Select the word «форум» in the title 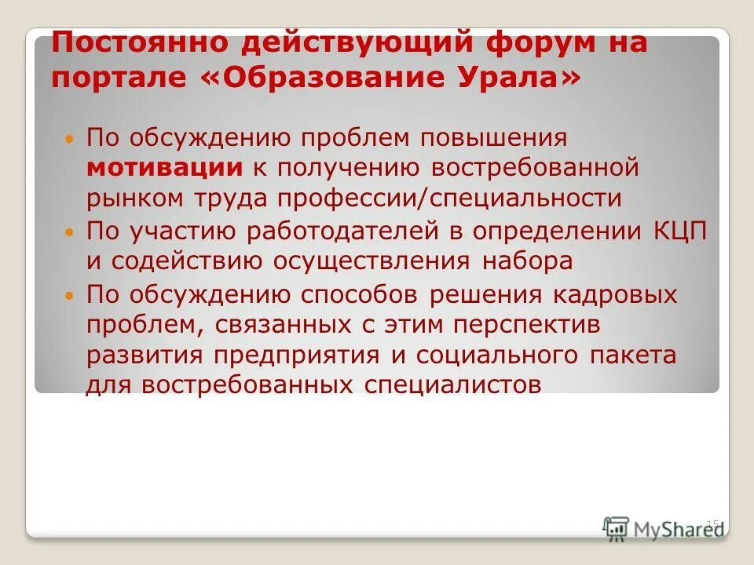[x=527, y=41]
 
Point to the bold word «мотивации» [x=164, y=167]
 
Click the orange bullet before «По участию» [x=69, y=233]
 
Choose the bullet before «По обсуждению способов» [x=69, y=297]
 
